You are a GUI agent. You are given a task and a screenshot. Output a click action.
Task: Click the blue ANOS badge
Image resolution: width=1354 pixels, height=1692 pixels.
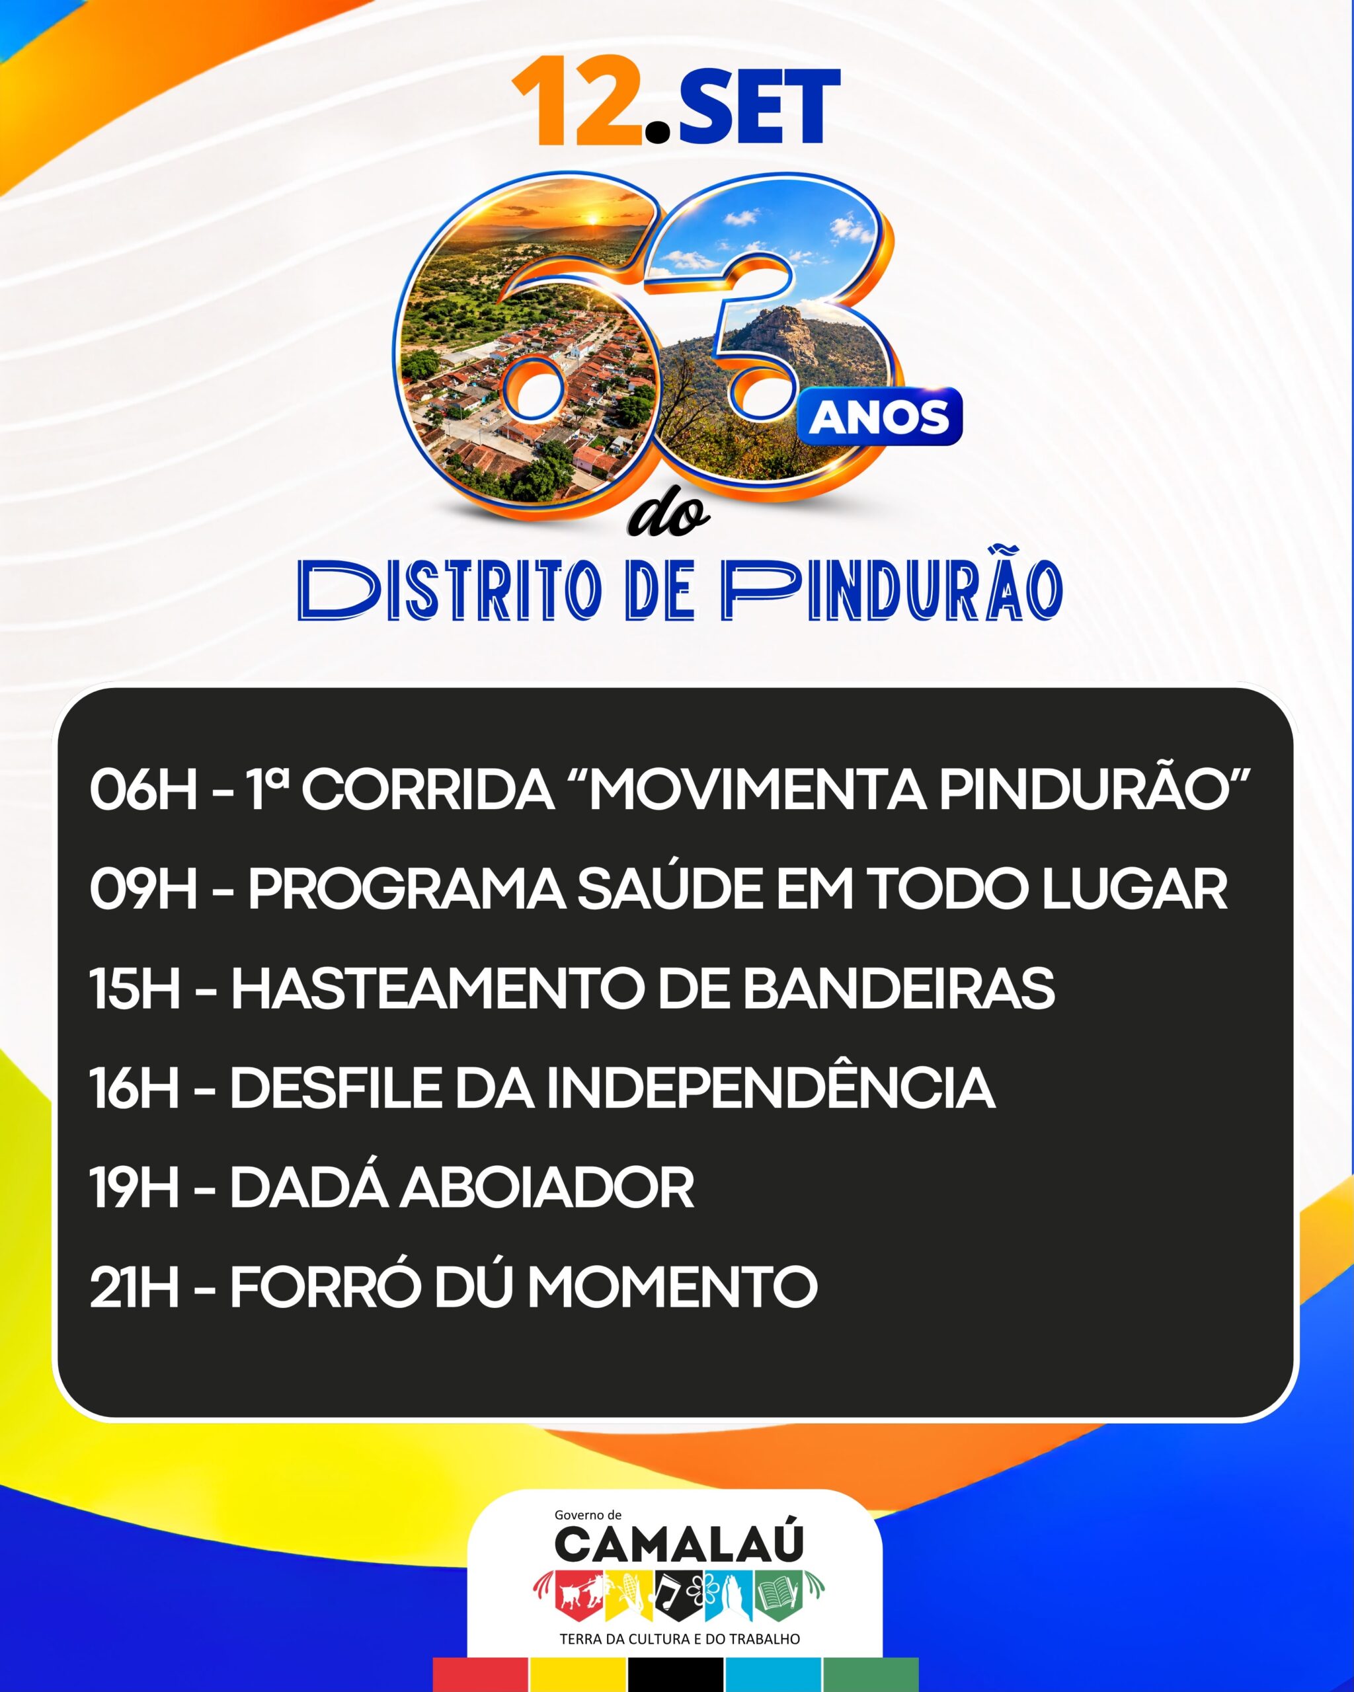(879, 417)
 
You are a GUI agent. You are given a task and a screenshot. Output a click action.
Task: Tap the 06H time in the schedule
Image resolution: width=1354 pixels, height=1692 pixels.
(143, 790)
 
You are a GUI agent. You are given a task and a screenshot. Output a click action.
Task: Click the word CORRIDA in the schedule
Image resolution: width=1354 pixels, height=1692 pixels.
(428, 790)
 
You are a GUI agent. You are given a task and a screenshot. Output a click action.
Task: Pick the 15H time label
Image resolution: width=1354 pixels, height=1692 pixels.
(135, 989)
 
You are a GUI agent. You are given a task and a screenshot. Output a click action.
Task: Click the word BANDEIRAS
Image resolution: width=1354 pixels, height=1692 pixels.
(898, 989)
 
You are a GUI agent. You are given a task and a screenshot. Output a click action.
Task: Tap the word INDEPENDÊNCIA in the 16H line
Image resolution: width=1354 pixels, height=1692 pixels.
(770, 1085)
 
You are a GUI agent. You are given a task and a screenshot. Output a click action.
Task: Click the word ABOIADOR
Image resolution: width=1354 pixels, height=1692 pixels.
(547, 1188)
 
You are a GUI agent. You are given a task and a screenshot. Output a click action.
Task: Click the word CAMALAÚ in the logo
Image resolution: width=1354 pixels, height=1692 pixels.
(680, 1543)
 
